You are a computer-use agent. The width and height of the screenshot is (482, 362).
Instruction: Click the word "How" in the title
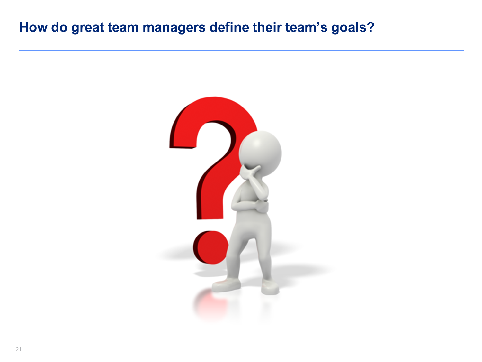click(x=34, y=27)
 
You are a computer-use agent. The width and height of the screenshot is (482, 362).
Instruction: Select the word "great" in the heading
click(x=88, y=28)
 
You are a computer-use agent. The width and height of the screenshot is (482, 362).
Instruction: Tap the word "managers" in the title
click(x=174, y=28)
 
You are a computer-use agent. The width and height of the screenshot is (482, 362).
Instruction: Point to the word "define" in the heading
click(x=229, y=27)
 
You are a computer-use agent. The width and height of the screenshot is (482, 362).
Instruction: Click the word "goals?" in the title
click(x=353, y=28)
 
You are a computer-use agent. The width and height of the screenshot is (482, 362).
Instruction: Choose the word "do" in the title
click(x=59, y=27)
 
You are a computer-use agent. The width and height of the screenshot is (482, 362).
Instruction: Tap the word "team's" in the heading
click(x=307, y=27)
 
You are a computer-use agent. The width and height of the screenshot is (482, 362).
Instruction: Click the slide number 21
click(x=18, y=349)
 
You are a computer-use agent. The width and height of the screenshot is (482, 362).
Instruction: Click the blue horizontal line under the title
click(x=242, y=50)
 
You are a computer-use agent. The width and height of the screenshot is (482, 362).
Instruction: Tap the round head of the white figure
click(x=260, y=153)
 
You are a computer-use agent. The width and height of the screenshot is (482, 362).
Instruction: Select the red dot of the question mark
click(x=210, y=247)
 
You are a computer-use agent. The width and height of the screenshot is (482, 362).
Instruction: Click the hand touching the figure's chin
click(x=249, y=172)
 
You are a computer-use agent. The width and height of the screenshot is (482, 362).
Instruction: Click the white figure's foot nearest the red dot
click(x=226, y=285)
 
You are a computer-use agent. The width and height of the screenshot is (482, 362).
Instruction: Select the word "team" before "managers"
click(x=123, y=27)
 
